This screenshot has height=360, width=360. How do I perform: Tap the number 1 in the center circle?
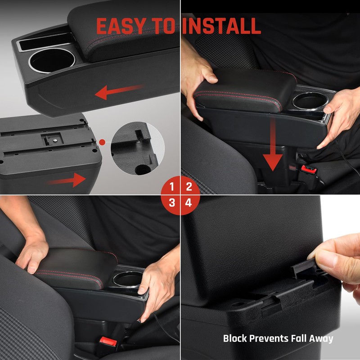(x=171, y=186)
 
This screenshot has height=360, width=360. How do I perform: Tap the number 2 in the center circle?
(x=189, y=186)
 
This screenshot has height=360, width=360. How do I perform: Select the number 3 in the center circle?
(x=171, y=203)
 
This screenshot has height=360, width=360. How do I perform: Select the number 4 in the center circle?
(x=189, y=203)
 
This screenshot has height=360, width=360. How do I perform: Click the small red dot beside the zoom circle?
(x=102, y=142)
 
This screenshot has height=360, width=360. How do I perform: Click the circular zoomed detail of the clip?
(x=135, y=148)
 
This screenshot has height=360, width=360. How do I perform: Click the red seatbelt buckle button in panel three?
(x=108, y=342)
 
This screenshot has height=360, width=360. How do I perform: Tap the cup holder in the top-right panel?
(x=309, y=100)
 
